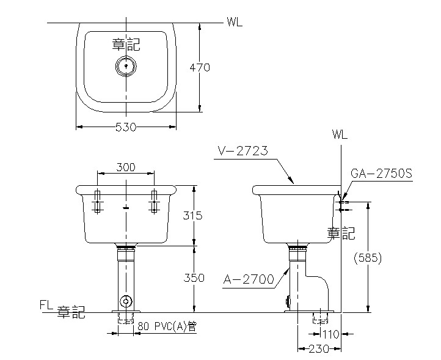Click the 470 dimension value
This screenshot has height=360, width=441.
tap(199, 68)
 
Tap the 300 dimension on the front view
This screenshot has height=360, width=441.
tap(125, 167)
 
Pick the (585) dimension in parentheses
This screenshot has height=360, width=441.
tap(368, 258)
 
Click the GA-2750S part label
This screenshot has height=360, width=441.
tap(382, 174)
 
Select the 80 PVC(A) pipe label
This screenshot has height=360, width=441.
tap(166, 326)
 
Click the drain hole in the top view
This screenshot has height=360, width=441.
tap(126, 65)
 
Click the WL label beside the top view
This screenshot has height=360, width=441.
tap(234, 23)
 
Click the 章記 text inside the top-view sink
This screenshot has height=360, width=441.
tap(126, 44)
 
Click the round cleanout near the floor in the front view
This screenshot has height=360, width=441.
tap(126, 301)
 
